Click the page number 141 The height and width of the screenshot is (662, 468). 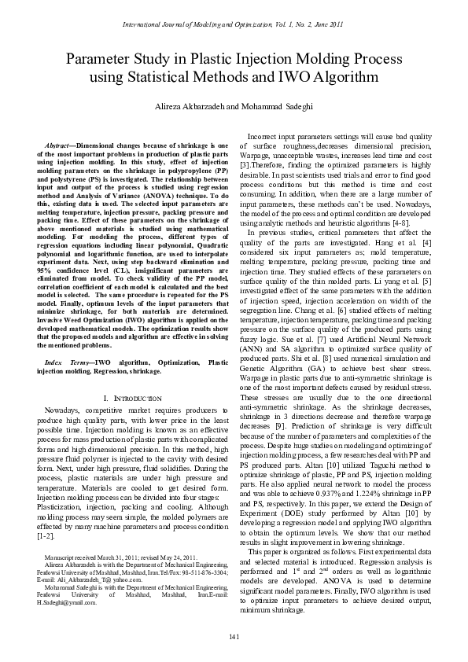click(x=234, y=635)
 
